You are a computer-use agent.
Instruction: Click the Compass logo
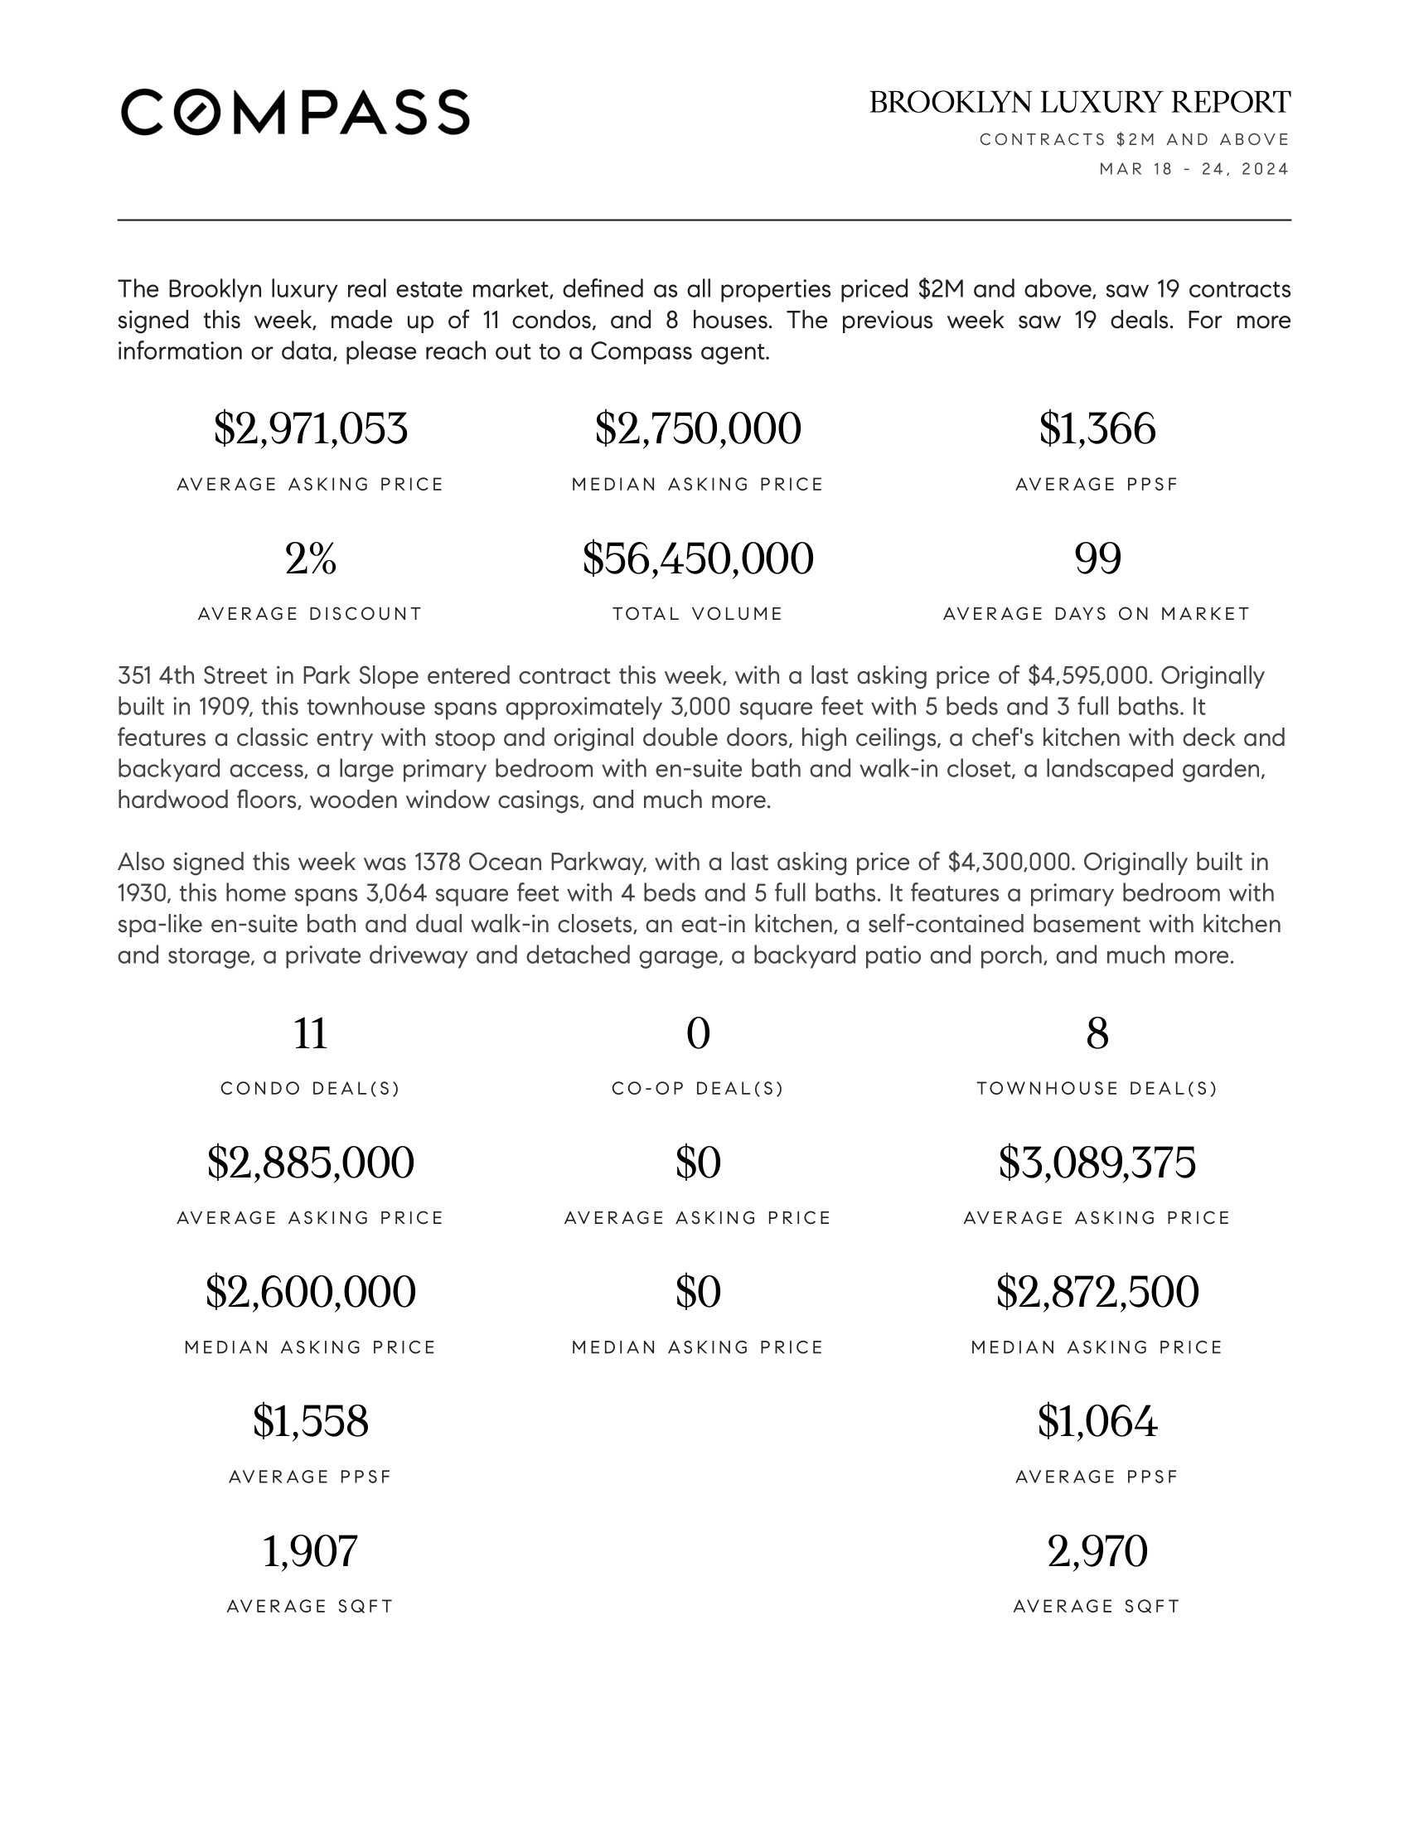[x=295, y=112]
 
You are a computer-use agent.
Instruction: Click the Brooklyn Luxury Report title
[x=1079, y=103]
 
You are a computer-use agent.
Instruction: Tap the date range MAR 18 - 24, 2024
[x=1194, y=169]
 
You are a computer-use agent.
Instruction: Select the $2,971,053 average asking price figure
[x=311, y=429]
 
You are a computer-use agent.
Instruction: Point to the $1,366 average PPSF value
[x=1097, y=429]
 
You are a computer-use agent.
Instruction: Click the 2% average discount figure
[x=311, y=559]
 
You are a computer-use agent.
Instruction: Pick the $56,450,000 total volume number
[x=698, y=559]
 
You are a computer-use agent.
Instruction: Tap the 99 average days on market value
[x=1097, y=559]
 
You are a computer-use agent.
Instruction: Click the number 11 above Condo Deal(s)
[x=311, y=1033]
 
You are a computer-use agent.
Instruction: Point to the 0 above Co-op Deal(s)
[x=698, y=1033]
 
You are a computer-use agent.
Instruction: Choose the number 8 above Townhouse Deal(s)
[x=1097, y=1033]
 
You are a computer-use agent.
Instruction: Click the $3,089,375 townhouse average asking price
[x=1097, y=1163]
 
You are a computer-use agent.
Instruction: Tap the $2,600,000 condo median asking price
[x=311, y=1292]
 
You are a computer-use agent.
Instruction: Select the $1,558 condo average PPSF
[x=311, y=1421]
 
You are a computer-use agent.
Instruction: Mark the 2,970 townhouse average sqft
[x=1097, y=1551]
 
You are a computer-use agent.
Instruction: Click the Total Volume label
[x=698, y=614]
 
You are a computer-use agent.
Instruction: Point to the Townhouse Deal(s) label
[x=1097, y=1089]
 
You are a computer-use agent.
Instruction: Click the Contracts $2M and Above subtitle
[x=1135, y=139]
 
